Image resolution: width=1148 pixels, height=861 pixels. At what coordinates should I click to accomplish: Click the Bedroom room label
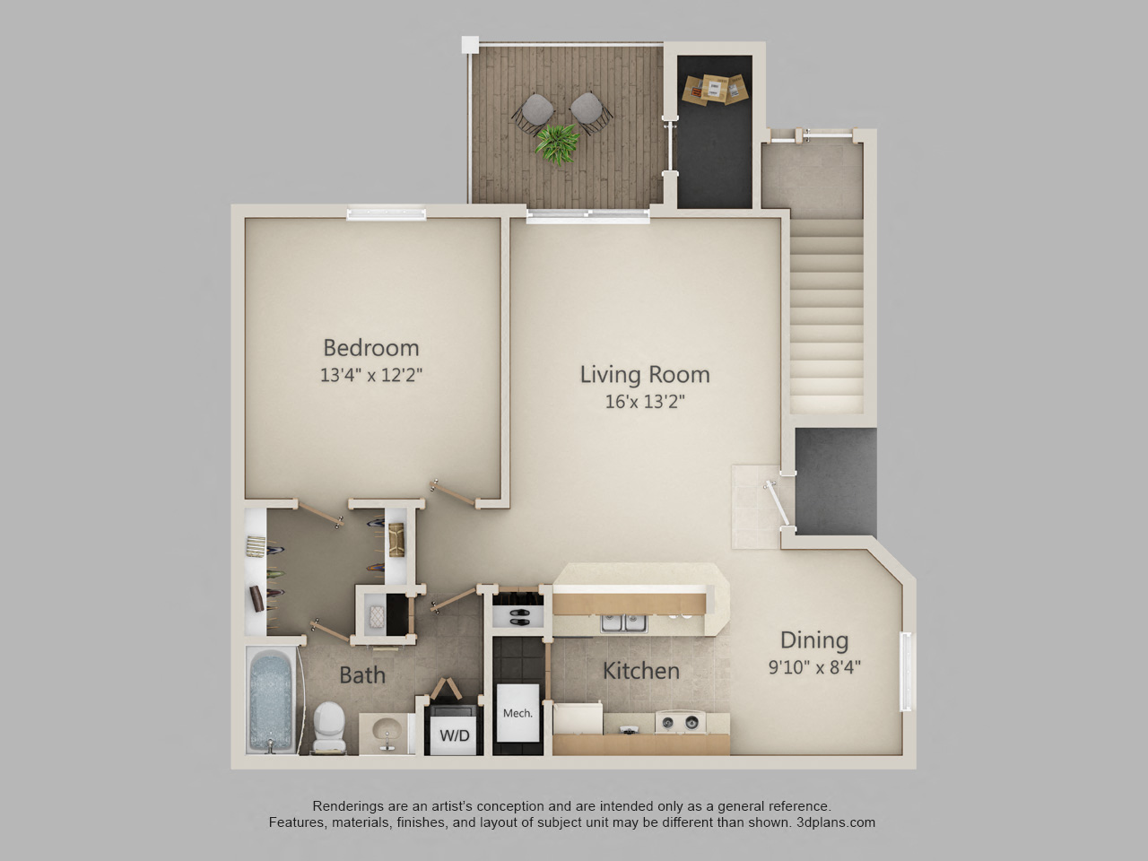pyautogui.click(x=370, y=347)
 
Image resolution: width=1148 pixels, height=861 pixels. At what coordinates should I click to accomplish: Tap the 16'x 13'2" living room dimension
pyautogui.click(x=644, y=401)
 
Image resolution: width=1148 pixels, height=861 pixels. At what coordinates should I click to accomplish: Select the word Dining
pyautogui.click(x=813, y=639)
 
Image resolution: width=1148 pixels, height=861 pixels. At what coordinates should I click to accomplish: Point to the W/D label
pyautogui.click(x=454, y=736)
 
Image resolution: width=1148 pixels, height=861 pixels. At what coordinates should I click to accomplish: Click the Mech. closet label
pyautogui.click(x=517, y=713)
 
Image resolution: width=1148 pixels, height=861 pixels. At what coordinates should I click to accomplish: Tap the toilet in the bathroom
pyautogui.click(x=329, y=725)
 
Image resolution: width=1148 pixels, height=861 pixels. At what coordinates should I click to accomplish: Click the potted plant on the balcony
pyautogui.click(x=558, y=143)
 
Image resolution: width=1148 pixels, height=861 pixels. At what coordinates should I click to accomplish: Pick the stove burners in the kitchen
pyautogui.click(x=680, y=722)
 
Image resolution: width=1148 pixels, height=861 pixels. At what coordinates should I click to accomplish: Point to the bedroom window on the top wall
pyautogui.click(x=387, y=213)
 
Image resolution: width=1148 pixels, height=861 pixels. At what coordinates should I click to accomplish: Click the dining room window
pyautogui.click(x=906, y=672)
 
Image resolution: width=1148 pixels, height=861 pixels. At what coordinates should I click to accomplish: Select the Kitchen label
pyautogui.click(x=640, y=671)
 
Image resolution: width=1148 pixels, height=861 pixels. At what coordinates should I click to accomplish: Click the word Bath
pyautogui.click(x=362, y=674)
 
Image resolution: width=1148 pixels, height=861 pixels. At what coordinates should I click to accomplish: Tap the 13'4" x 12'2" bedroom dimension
pyautogui.click(x=370, y=375)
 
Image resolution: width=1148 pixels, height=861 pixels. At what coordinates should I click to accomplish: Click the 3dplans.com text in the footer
pyautogui.click(x=835, y=822)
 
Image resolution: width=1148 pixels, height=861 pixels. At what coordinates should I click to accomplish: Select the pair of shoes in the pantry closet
pyautogui.click(x=518, y=617)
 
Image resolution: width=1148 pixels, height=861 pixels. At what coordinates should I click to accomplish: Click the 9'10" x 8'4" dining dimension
pyautogui.click(x=814, y=667)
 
